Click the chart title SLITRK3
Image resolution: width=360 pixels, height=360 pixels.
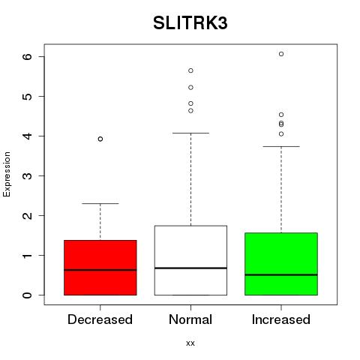pyautogui.click(x=190, y=23)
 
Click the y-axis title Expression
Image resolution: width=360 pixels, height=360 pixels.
pyautogui.click(x=7, y=174)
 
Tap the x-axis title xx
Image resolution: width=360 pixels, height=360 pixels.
pyautogui.click(x=190, y=343)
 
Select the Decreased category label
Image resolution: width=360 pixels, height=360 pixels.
pyautogui.click(x=100, y=319)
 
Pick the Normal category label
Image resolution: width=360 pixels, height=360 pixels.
pyautogui.click(x=190, y=319)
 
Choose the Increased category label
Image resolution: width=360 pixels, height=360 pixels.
pyautogui.click(x=281, y=319)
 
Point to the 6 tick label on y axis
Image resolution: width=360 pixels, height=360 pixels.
pyautogui.click(x=28, y=56)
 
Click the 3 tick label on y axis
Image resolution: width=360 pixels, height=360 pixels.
pyautogui.click(x=28, y=175)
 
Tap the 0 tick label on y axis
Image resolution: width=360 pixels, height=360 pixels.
pyautogui.click(x=28, y=295)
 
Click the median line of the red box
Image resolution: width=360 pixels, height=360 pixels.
pyautogui.click(x=100, y=270)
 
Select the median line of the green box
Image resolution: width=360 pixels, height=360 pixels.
pyautogui.click(x=281, y=274)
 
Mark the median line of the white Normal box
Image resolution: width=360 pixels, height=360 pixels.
pyautogui.click(x=190, y=268)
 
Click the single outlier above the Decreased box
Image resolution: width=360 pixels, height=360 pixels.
pyautogui.click(x=100, y=139)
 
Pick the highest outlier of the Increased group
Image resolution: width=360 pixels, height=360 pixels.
pyautogui.click(x=281, y=54)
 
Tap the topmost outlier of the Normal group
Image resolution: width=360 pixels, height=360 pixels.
pyautogui.click(x=190, y=70)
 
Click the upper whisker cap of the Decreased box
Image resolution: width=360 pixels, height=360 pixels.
pyautogui.click(x=100, y=203)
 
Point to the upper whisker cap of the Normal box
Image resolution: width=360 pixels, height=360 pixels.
pyautogui.click(x=190, y=133)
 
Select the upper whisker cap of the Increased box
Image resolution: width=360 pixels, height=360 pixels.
pyautogui.click(x=281, y=146)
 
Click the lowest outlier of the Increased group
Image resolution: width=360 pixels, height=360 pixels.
pyautogui.click(x=281, y=134)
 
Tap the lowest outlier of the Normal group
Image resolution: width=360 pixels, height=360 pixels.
pyautogui.click(x=190, y=111)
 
